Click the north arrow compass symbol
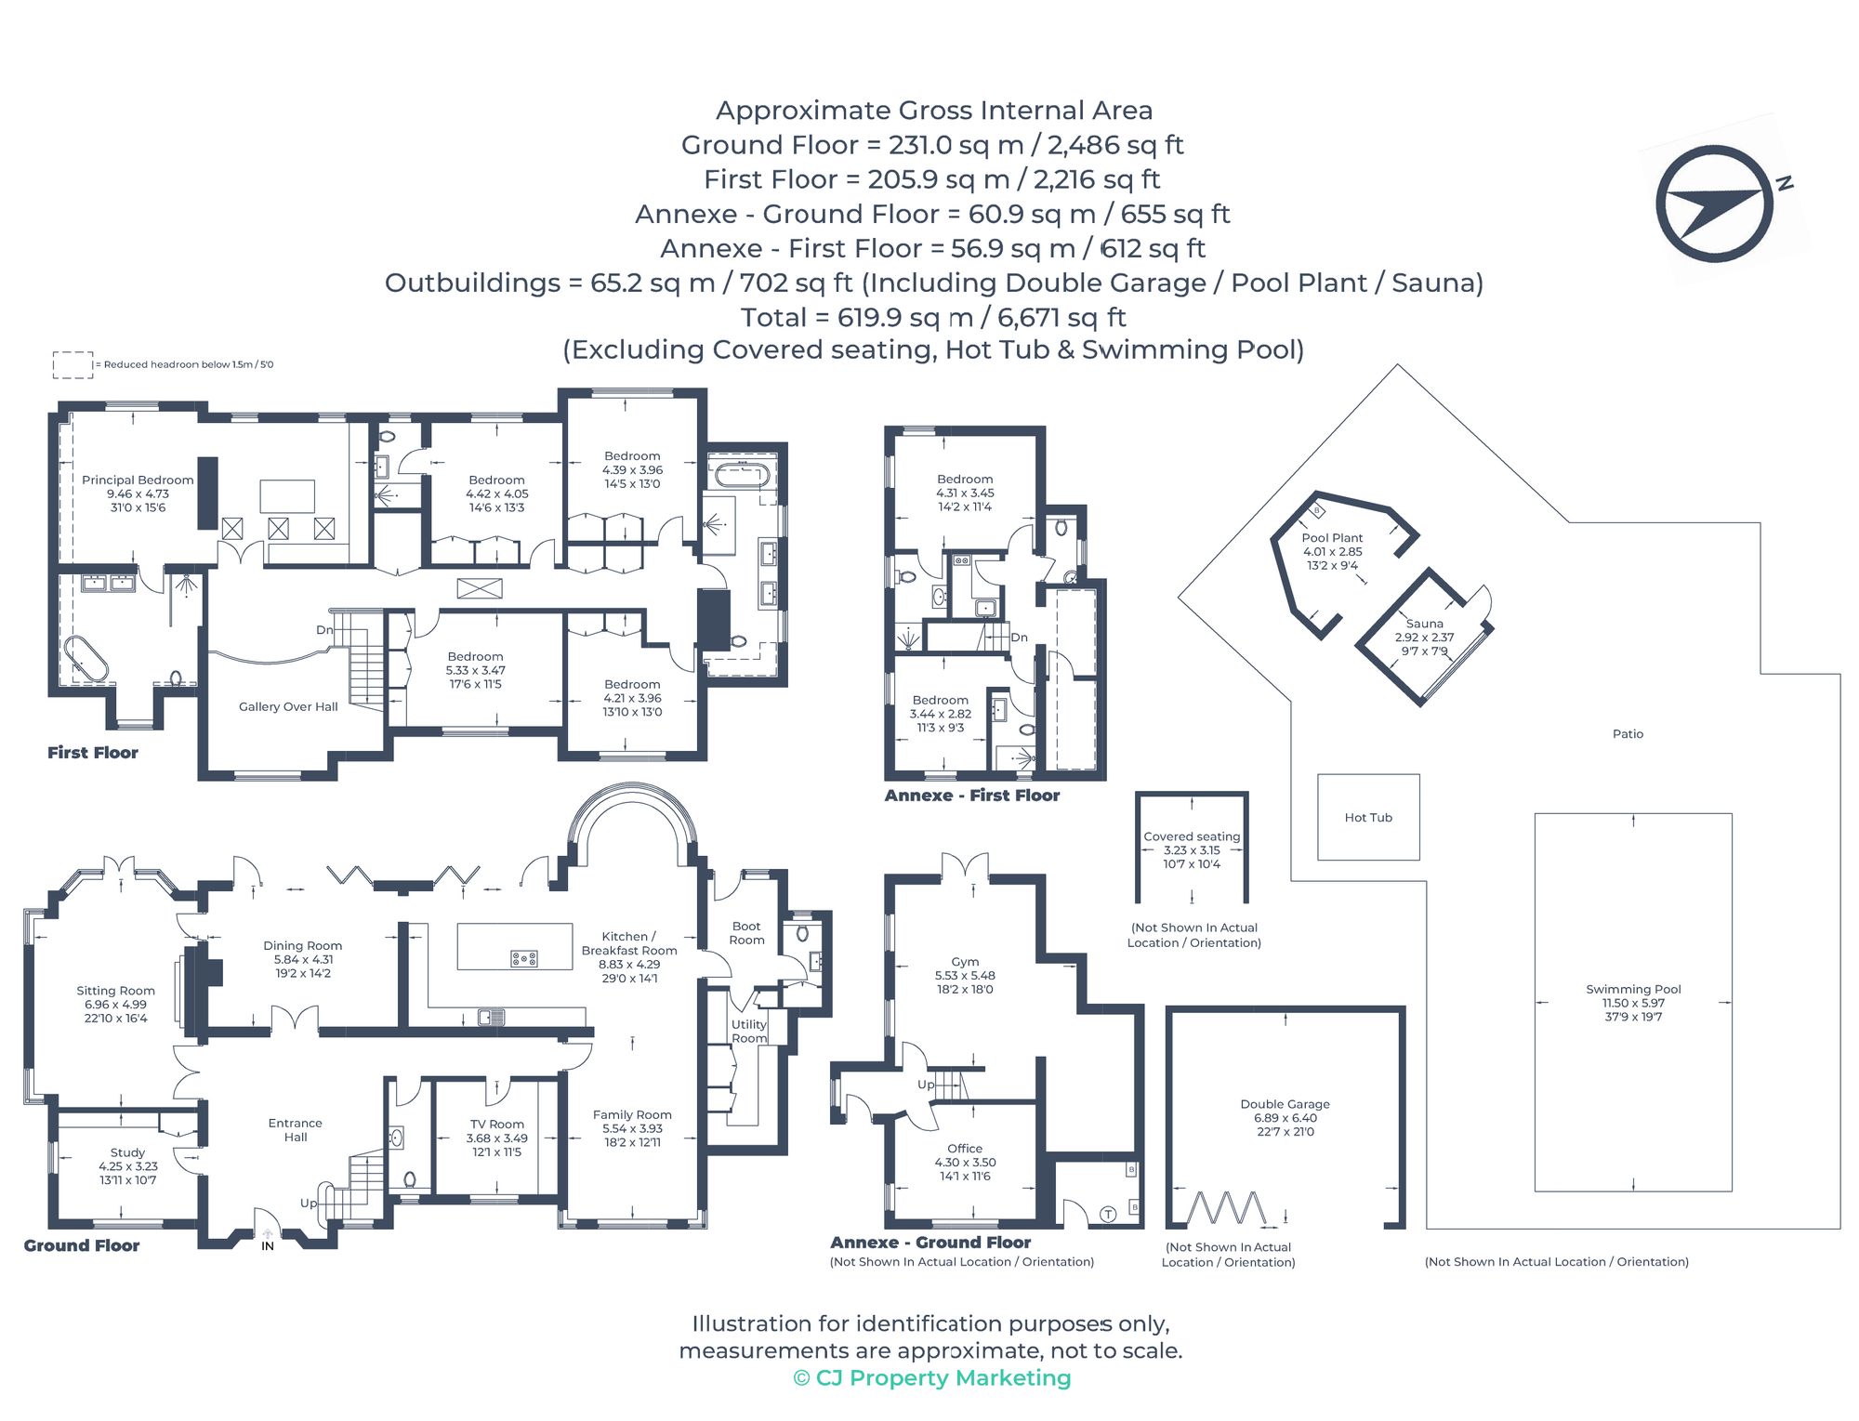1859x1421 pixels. [1714, 203]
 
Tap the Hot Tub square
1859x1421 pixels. [1368, 817]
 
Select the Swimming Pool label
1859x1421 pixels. [1633, 990]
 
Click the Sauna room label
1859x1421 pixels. [1424, 625]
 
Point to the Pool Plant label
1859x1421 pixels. [1332, 538]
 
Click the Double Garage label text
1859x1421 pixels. [1285, 1104]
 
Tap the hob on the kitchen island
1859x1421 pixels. [524, 958]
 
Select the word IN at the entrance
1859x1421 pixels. [268, 1246]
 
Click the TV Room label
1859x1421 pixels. [496, 1125]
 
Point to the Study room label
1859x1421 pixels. [127, 1152]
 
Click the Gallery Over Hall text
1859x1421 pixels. [288, 707]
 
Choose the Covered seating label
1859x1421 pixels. [1192, 836]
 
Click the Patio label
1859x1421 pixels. [1628, 734]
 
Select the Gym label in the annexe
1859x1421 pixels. [965, 962]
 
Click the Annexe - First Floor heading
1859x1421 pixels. [971, 796]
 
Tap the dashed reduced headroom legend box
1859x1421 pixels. [73, 365]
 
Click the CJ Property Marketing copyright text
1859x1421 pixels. [932, 1378]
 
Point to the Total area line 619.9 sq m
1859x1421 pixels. [933, 318]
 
